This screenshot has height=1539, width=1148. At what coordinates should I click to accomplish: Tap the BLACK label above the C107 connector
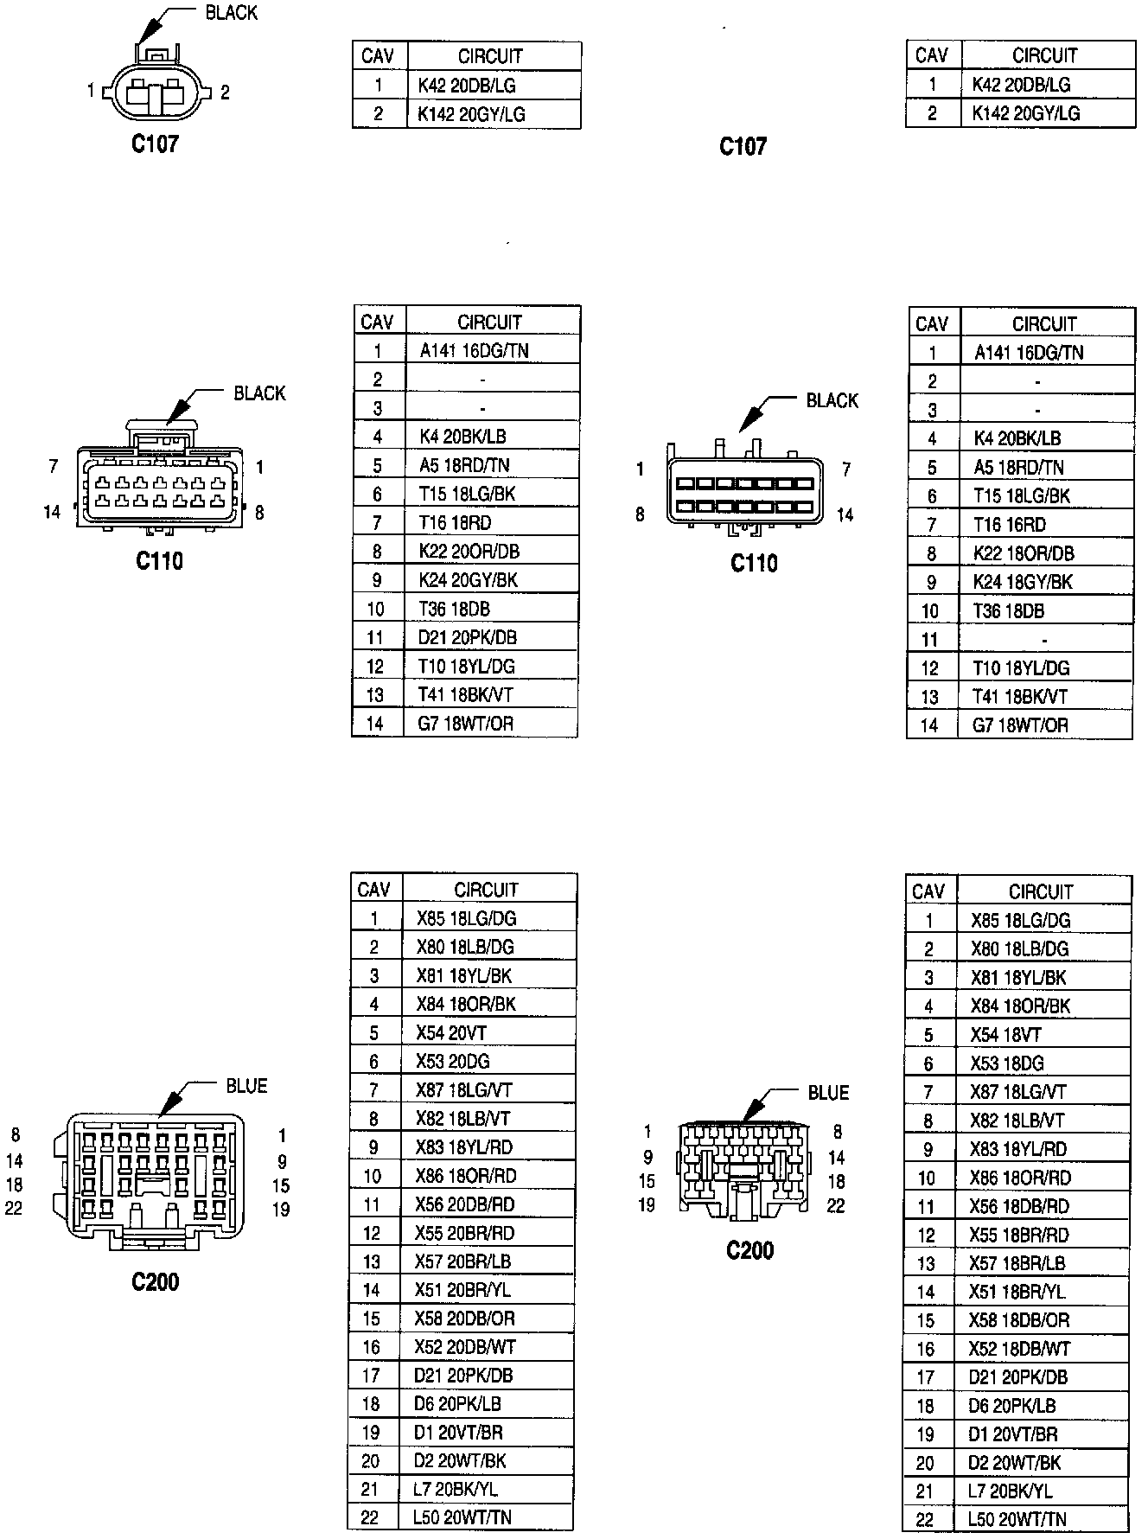[231, 13]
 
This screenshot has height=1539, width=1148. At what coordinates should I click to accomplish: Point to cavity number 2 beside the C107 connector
[225, 92]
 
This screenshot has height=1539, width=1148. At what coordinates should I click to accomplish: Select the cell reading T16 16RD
[1010, 525]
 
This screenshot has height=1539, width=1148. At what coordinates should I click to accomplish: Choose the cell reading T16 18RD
[455, 522]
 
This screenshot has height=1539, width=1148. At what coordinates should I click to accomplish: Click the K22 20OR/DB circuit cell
[469, 551]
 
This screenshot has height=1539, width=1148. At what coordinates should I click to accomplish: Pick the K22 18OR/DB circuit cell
[1023, 553]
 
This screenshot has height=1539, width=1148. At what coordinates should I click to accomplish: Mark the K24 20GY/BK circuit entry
[468, 579]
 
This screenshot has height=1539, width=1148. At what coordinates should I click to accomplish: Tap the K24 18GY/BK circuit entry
[1022, 582]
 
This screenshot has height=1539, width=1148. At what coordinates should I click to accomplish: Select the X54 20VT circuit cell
[450, 1032]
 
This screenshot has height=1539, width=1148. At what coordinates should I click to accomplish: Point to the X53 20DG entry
[453, 1061]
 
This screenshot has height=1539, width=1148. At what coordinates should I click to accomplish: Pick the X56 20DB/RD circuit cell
[464, 1204]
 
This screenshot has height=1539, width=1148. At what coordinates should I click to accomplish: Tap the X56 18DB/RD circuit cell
[1019, 1206]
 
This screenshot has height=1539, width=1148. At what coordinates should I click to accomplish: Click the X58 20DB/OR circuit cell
[464, 1319]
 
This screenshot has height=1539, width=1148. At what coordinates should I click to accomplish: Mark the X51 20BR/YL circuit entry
[462, 1290]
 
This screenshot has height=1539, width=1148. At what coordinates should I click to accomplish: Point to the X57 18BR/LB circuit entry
[1017, 1263]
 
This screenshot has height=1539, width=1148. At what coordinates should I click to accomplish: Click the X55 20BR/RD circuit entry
[464, 1233]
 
